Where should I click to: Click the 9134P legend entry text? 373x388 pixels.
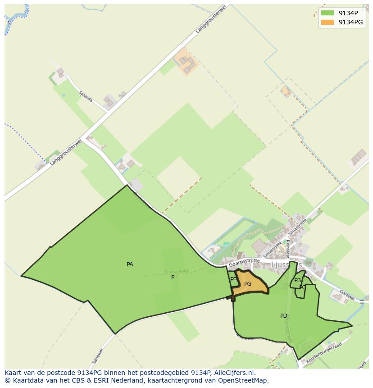(x=348, y=13)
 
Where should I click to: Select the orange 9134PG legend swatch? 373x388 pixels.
(x=328, y=22)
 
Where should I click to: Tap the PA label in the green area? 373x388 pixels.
(x=130, y=265)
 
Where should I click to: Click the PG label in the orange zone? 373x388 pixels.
(x=248, y=284)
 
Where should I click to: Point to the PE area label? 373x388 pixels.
(x=233, y=279)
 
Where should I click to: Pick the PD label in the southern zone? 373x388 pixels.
(x=284, y=316)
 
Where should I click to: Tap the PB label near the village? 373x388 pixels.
(x=297, y=280)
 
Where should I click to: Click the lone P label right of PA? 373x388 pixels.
(x=173, y=278)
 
